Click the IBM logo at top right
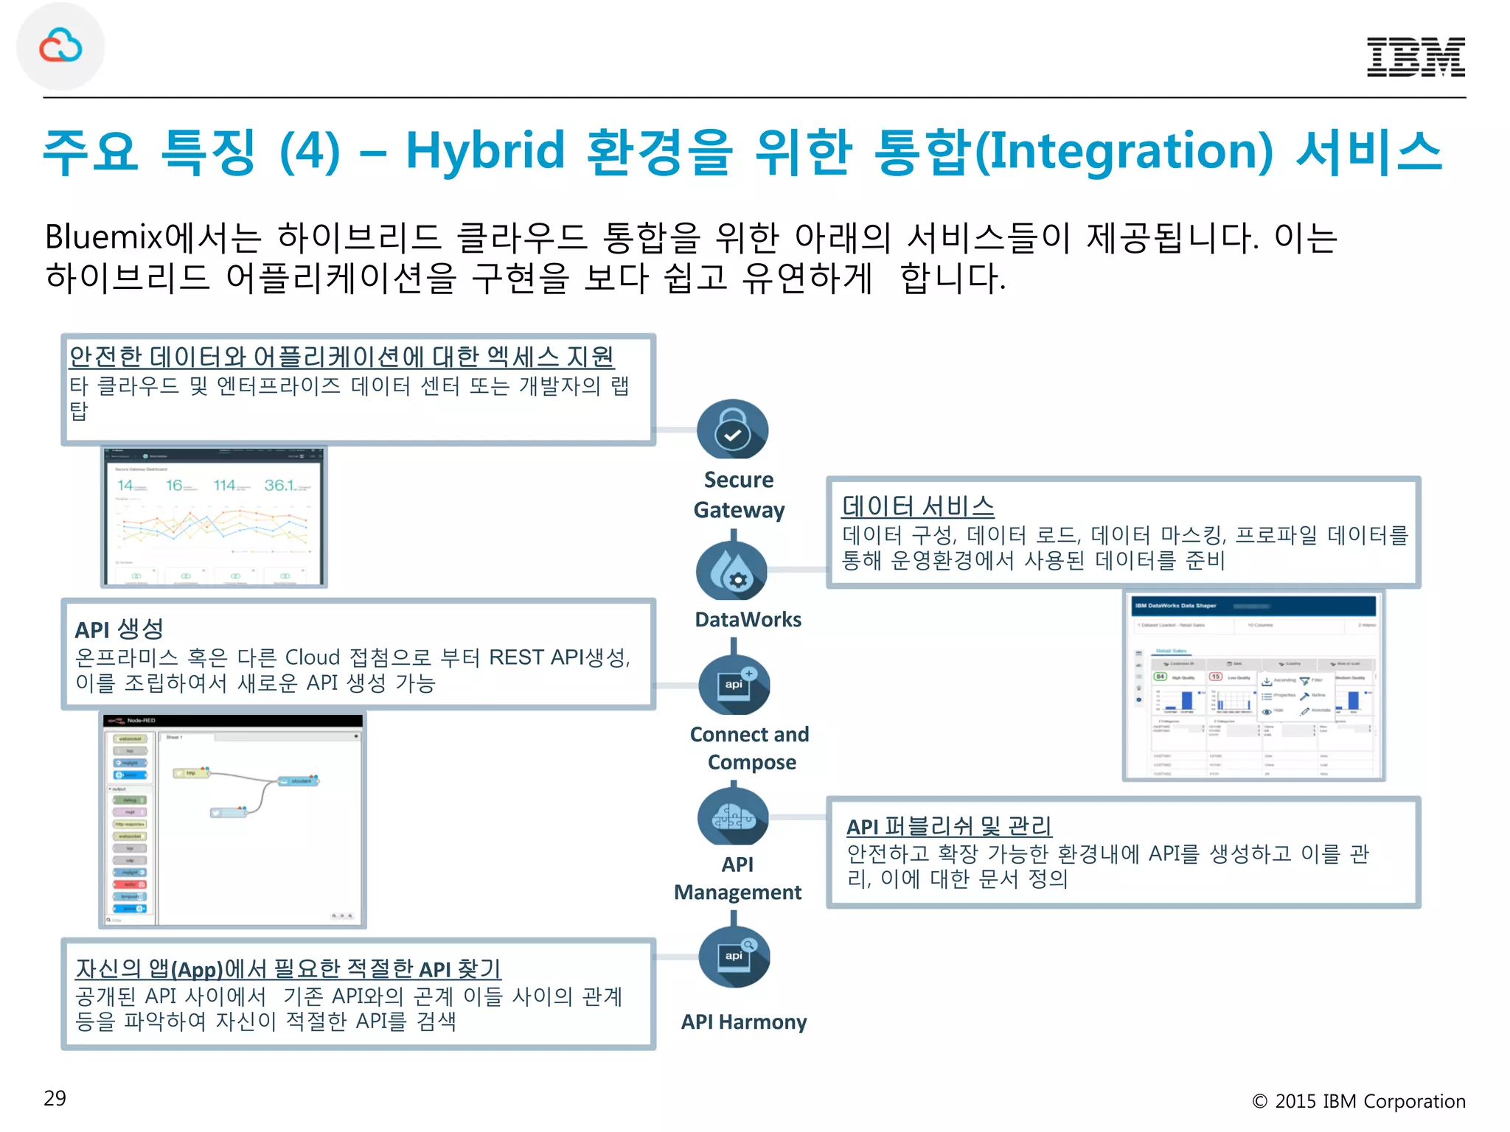click(x=1415, y=57)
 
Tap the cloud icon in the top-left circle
click(x=60, y=46)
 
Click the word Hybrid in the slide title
click(x=485, y=151)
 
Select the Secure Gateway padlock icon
click(x=732, y=430)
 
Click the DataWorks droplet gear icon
click(x=731, y=571)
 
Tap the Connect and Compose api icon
click(x=734, y=685)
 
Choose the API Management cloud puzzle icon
click(x=733, y=817)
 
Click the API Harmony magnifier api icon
click(x=734, y=957)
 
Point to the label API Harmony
click(x=743, y=1021)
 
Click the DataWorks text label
click(x=748, y=619)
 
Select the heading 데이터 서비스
click(x=918, y=506)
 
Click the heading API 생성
click(x=119, y=629)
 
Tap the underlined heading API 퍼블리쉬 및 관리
click(x=948, y=826)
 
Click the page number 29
click(x=55, y=1098)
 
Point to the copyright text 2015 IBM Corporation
click(x=1369, y=1101)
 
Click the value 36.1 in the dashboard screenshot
click(x=280, y=485)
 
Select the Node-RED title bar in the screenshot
click(x=233, y=720)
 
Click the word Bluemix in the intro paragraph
click(x=103, y=237)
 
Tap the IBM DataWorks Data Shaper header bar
click(x=1253, y=606)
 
